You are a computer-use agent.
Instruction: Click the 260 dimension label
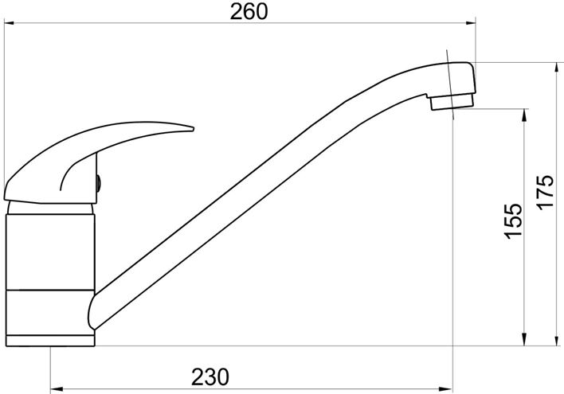[249, 11]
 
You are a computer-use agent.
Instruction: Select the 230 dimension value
[210, 376]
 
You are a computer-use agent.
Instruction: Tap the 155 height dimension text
[512, 221]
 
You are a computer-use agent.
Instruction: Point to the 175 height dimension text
[545, 191]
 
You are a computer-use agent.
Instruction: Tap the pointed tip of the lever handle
[193, 128]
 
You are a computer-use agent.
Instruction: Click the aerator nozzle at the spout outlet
[452, 101]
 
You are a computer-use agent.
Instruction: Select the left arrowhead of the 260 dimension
[9, 23]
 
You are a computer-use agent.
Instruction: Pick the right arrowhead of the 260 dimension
[471, 23]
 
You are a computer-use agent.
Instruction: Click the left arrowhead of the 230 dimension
[56, 389]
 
